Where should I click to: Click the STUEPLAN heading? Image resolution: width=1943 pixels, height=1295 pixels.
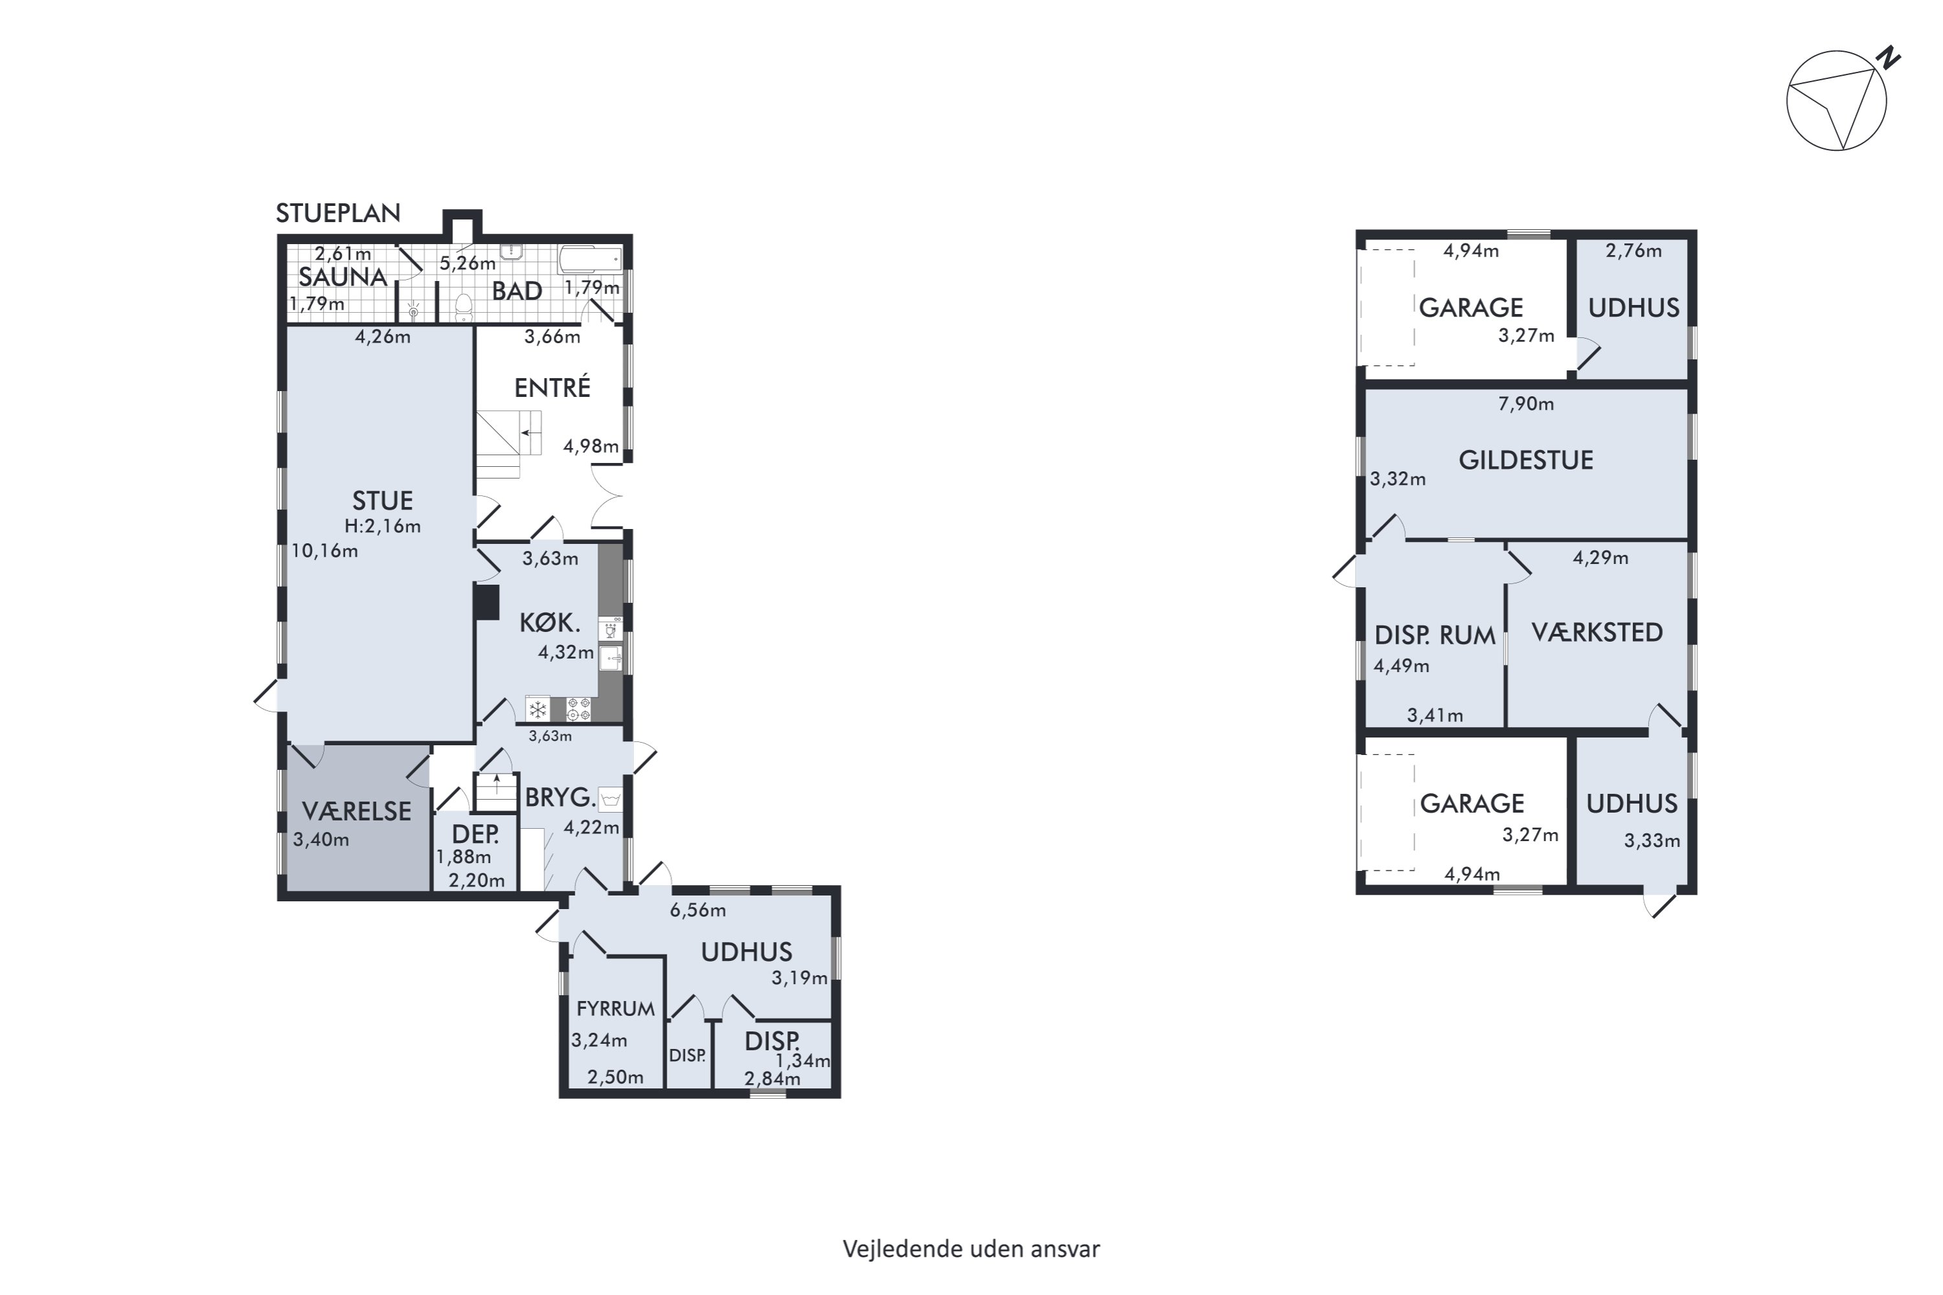click(338, 213)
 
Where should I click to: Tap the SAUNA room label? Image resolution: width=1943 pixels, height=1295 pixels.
click(343, 276)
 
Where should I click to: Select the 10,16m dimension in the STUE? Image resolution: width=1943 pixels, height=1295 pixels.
click(324, 551)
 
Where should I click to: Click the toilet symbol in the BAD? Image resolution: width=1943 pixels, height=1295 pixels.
click(464, 307)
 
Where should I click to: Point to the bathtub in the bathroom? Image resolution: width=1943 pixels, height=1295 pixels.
click(590, 260)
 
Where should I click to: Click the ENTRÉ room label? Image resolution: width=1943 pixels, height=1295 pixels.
click(552, 387)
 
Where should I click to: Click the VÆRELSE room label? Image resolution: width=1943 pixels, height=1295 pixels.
click(357, 811)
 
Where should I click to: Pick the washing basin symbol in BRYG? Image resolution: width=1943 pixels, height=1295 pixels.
click(611, 798)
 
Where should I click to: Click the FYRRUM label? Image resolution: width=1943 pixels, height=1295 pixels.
click(615, 1008)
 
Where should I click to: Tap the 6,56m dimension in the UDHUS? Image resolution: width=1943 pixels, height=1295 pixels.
click(698, 910)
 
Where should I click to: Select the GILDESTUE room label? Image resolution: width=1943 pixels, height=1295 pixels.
click(1526, 460)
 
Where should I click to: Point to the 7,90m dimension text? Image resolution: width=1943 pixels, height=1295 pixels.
click(1526, 404)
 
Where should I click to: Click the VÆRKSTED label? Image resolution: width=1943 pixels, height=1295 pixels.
click(1597, 633)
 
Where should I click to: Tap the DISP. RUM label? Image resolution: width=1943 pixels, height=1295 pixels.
click(1435, 635)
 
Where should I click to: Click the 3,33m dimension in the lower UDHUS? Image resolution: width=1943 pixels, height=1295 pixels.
click(1652, 840)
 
